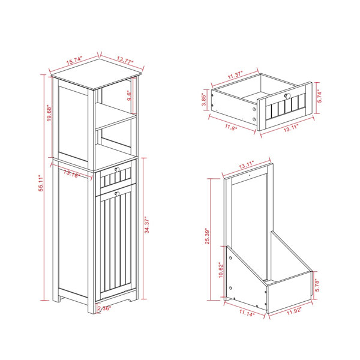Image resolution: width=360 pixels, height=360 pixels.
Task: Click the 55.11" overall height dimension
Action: (x=41, y=183)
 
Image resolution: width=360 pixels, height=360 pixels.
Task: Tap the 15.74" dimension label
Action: (x=74, y=61)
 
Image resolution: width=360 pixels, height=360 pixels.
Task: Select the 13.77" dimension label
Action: (x=125, y=60)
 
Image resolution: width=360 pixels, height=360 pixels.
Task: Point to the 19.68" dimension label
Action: (x=49, y=113)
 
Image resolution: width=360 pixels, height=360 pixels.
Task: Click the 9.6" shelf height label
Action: (x=130, y=95)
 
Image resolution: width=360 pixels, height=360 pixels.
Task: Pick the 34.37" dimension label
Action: (x=147, y=224)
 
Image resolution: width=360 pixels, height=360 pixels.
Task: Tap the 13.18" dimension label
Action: (x=71, y=174)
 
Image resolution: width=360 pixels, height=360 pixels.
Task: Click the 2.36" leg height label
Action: (x=104, y=308)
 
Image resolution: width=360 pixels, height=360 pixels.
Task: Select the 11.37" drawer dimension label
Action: (x=235, y=75)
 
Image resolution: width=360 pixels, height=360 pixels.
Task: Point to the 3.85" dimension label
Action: (x=204, y=99)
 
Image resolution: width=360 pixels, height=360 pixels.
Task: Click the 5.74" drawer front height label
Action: (x=320, y=97)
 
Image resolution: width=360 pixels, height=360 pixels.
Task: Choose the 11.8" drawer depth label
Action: (x=231, y=127)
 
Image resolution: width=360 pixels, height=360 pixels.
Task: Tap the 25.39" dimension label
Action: (x=208, y=236)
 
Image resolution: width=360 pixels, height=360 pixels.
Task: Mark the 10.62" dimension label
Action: (x=221, y=270)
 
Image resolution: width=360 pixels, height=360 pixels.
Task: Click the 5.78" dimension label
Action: (x=317, y=285)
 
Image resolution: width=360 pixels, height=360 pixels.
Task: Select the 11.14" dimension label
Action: (x=247, y=313)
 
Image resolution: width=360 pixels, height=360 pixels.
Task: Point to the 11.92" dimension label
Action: (x=294, y=311)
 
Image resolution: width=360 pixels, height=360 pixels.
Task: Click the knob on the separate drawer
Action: (x=287, y=96)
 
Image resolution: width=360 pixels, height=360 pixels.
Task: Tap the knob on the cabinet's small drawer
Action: (x=117, y=169)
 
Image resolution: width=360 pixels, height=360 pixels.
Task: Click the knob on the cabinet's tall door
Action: (x=117, y=194)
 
